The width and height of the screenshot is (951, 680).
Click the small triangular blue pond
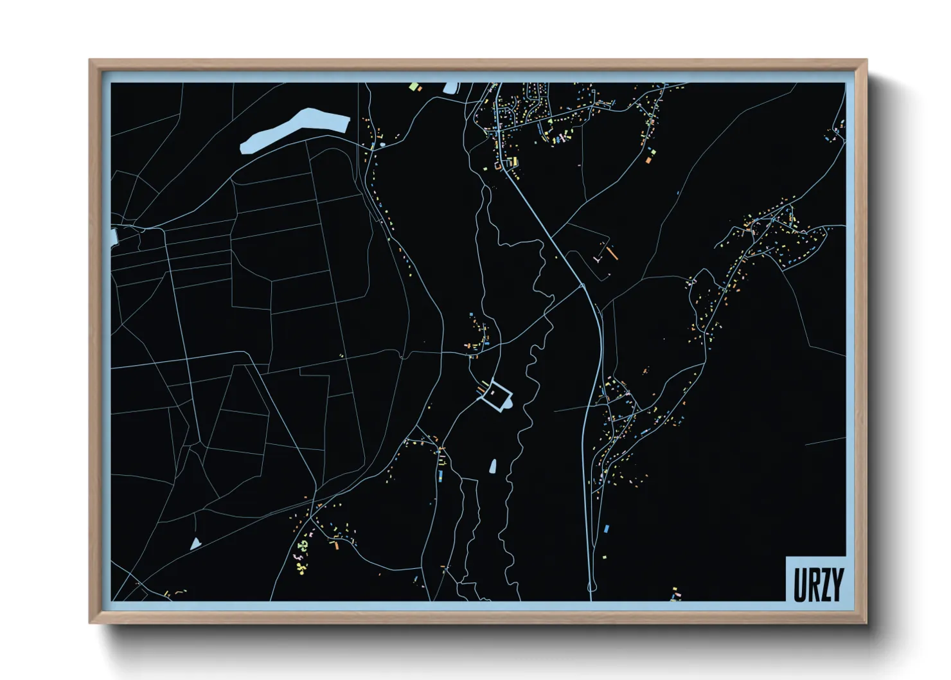point(195,544)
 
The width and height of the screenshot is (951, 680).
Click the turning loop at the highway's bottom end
point(592,586)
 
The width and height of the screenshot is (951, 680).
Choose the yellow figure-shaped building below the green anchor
point(300,567)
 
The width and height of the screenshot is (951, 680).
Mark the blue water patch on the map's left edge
point(114,237)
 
